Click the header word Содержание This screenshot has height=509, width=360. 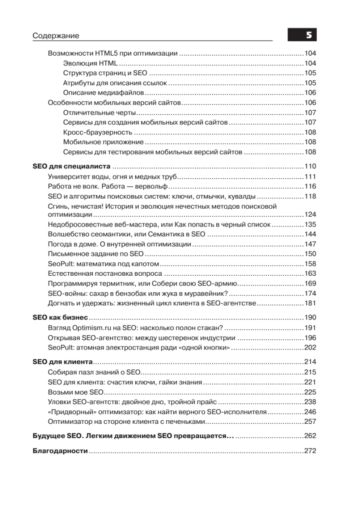pos(56,36)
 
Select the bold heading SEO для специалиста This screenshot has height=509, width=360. pos(71,166)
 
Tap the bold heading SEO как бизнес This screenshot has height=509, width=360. pos(60,317)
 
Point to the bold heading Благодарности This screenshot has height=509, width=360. pos(60,451)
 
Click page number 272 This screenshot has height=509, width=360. pos(310,451)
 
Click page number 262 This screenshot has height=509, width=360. pos(310,436)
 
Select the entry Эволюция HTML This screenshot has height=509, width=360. pos(90,63)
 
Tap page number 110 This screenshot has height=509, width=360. pos(310,166)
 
